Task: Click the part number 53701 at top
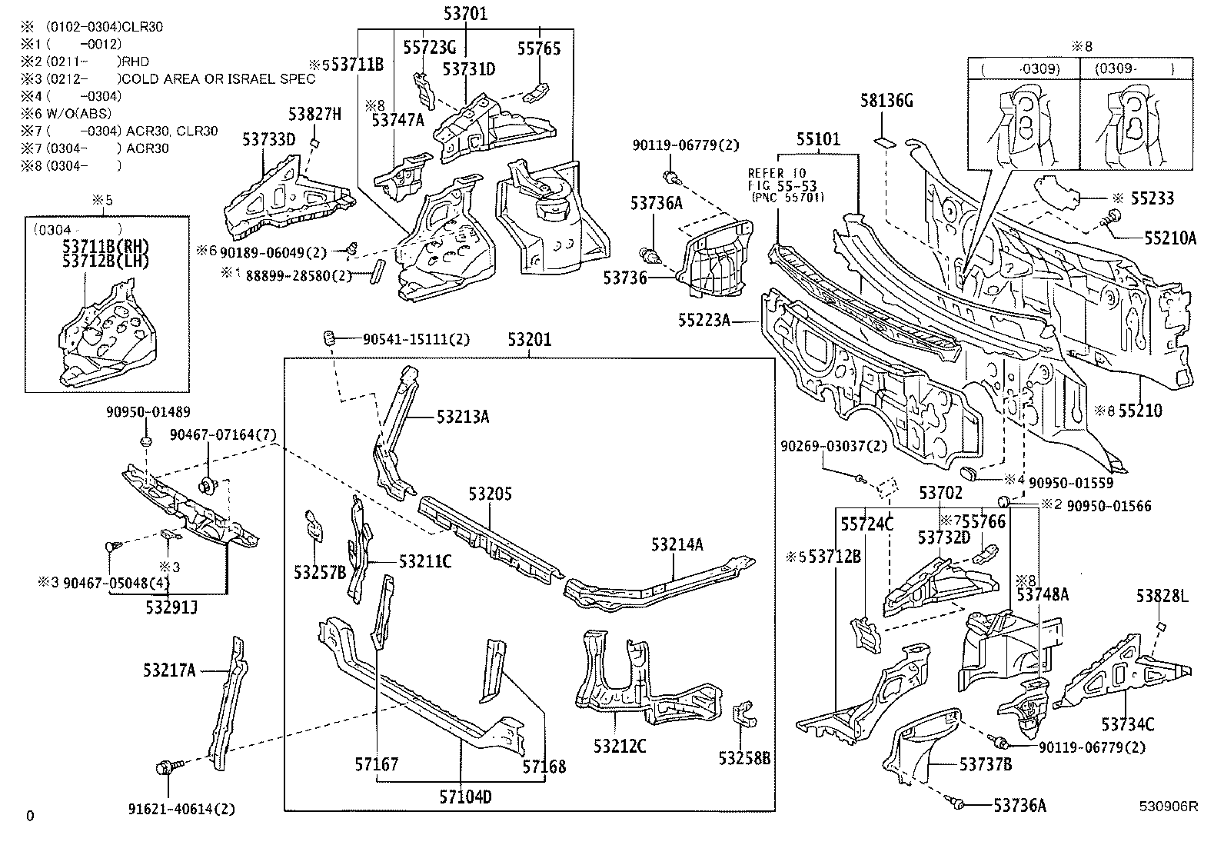click(x=465, y=13)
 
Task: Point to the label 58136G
click(x=886, y=101)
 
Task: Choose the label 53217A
click(x=169, y=670)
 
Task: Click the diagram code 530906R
click(x=1169, y=807)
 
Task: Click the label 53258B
click(x=744, y=759)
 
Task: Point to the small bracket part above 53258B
click(x=743, y=714)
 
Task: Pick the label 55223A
click(x=703, y=319)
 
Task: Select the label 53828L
click(x=1162, y=596)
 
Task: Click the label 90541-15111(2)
click(x=416, y=339)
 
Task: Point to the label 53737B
click(x=985, y=763)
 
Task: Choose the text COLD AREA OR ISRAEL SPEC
click(x=218, y=79)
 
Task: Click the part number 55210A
click(x=1170, y=238)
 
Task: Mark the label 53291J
click(x=171, y=607)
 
